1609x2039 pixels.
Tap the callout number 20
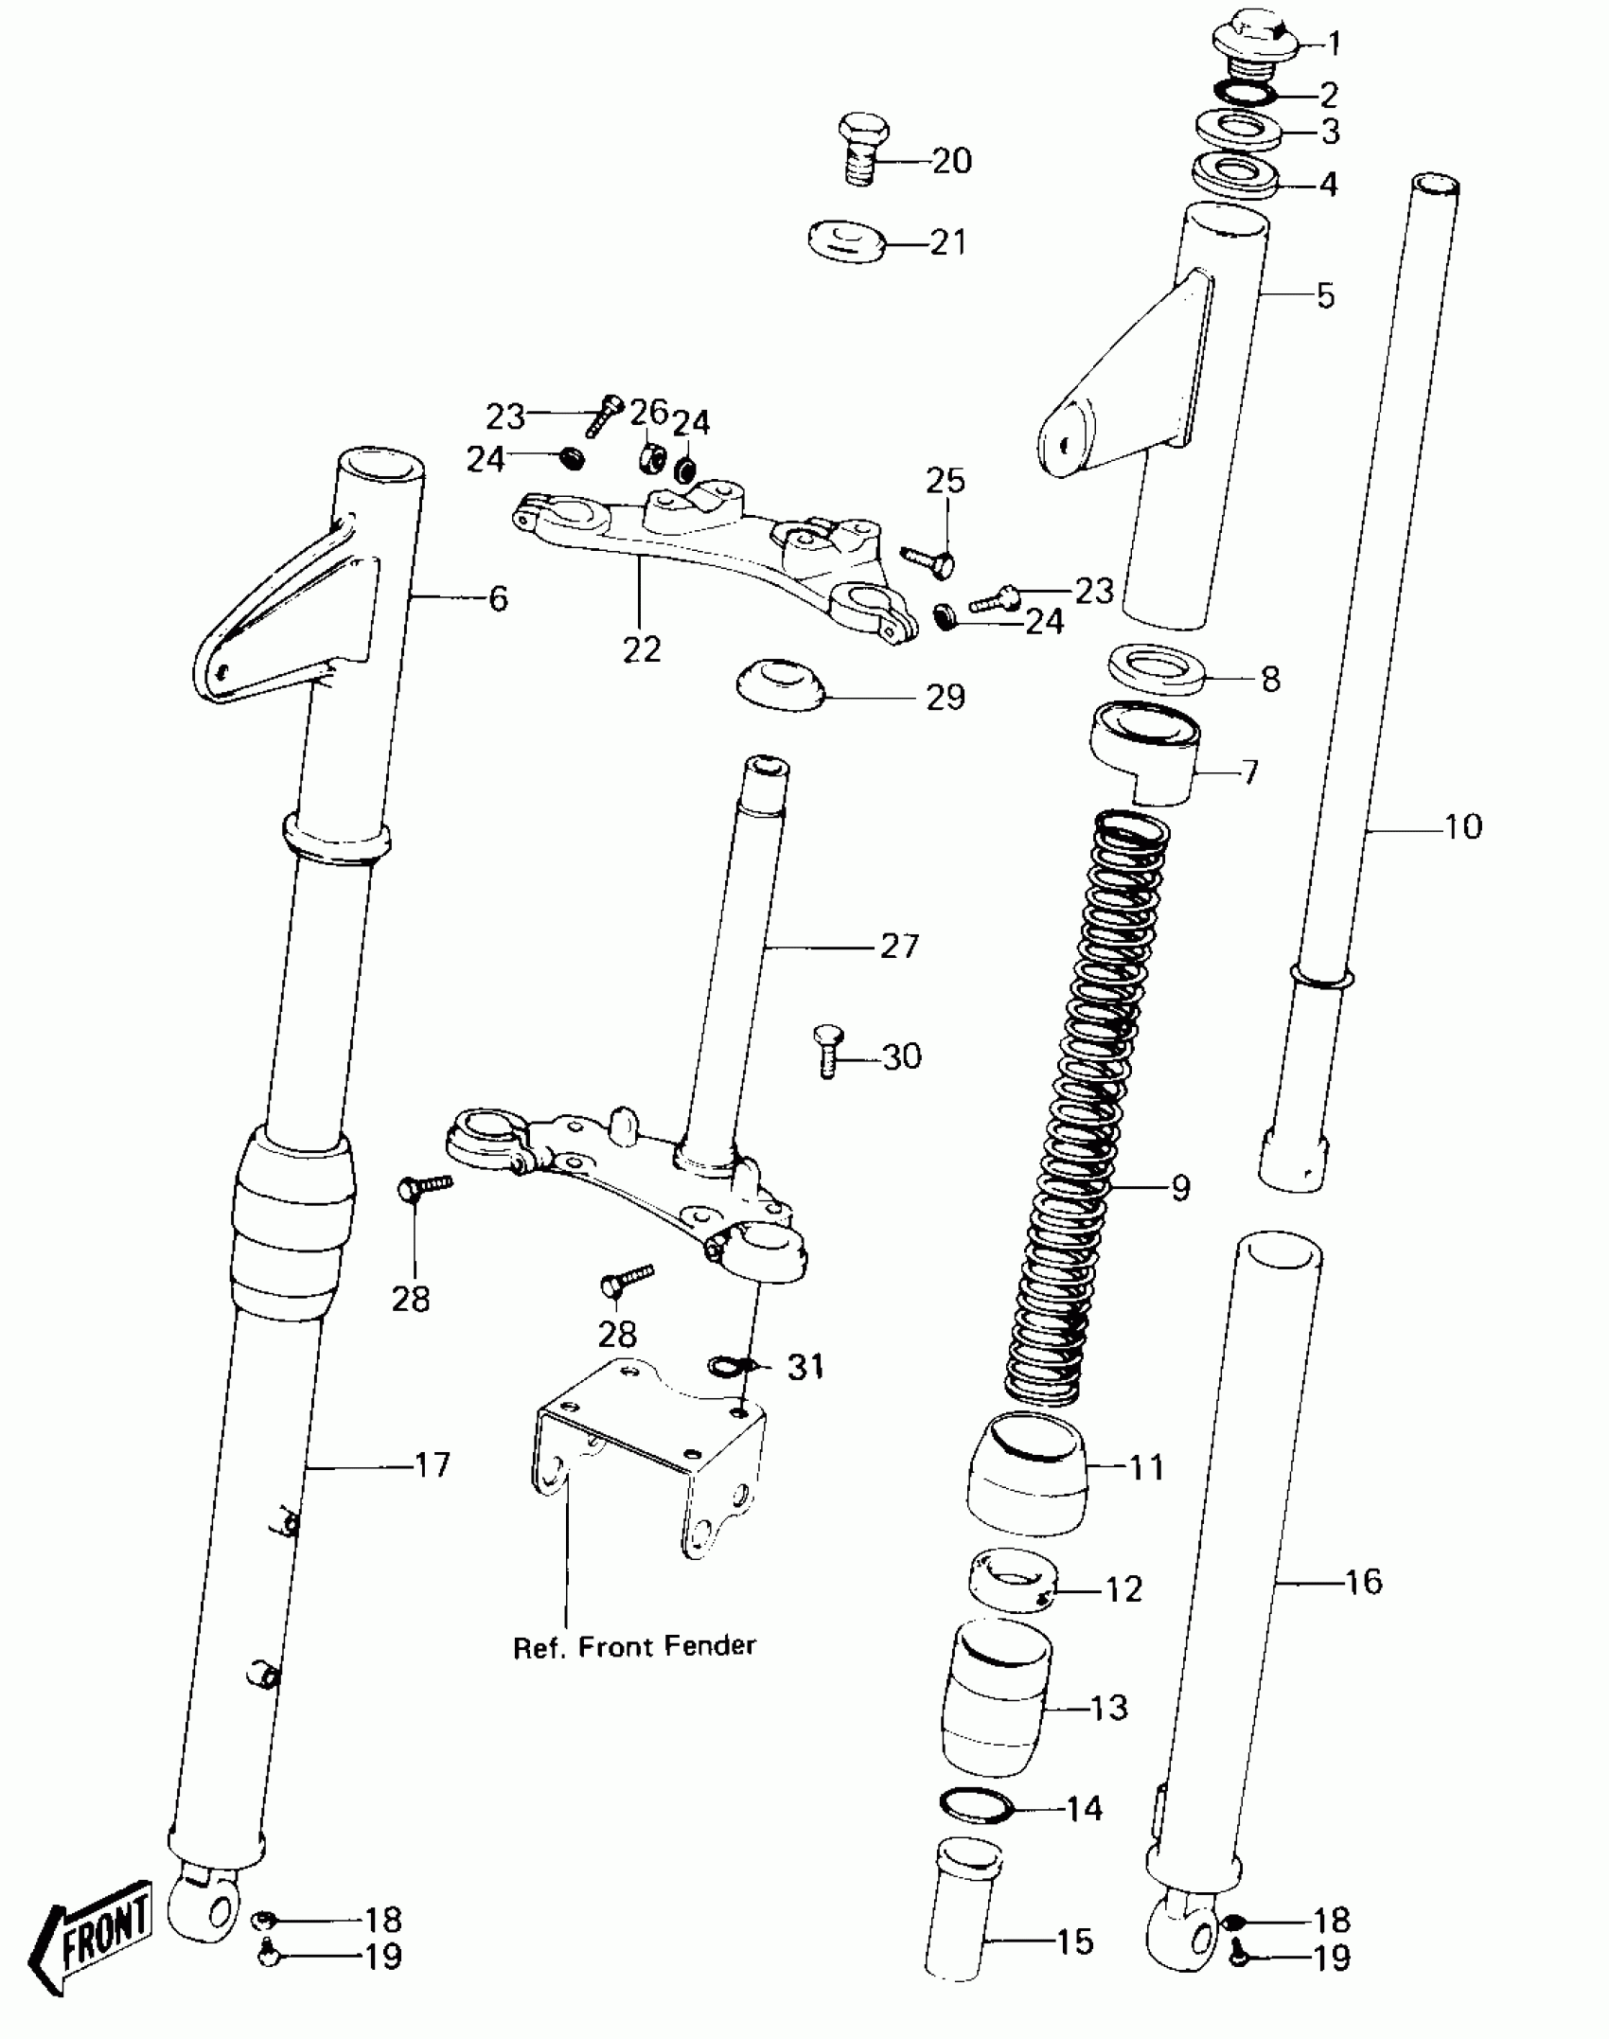[951, 161]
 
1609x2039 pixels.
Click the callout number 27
[899, 946]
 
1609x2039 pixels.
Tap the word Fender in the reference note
[710, 1646]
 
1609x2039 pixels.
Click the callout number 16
[1362, 1581]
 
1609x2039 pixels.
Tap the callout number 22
[641, 650]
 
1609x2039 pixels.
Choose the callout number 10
[1462, 826]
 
